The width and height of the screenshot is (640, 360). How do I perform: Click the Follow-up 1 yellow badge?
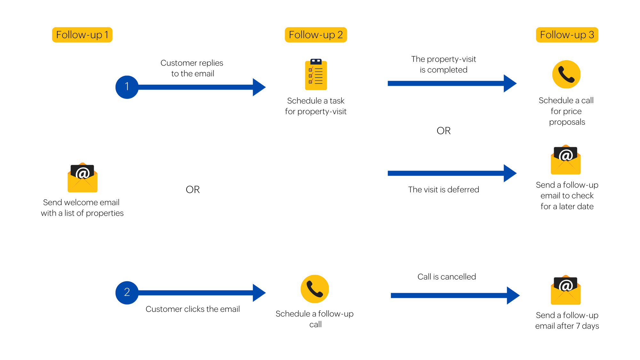(x=82, y=35)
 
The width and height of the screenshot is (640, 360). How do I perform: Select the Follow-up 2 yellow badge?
(x=316, y=35)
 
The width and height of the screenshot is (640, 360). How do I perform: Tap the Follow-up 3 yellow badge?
(x=567, y=35)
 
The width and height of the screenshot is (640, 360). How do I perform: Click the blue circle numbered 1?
(x=127, y=87)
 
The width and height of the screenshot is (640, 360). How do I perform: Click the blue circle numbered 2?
(x=127, y=292)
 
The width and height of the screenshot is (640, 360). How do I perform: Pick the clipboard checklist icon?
(x=316, y=75)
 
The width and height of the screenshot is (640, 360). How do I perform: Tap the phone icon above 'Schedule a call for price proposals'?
(x=566, y=74)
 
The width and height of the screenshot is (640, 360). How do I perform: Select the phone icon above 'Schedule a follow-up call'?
(x=315, y=289)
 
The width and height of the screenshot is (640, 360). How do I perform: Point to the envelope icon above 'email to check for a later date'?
(x=565, y=160)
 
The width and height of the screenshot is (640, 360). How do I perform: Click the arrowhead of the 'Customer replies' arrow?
(x=259, y=87)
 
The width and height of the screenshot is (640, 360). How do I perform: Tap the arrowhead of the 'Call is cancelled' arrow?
(x=513, y=295)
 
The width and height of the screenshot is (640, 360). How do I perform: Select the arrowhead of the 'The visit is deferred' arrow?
(x=509, y=173)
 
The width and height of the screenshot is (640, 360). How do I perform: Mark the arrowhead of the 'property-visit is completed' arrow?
(x=509, y=83)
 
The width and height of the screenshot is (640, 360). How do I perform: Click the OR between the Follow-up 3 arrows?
(x=444, y=131)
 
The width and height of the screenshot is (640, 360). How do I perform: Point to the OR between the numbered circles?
(x=193, y=189)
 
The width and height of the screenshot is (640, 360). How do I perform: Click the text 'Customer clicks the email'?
(x=193, y=309)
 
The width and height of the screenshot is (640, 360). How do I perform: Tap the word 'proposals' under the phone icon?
(x=567, y=122)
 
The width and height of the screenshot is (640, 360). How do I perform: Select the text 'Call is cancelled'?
(x=447, y=276)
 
